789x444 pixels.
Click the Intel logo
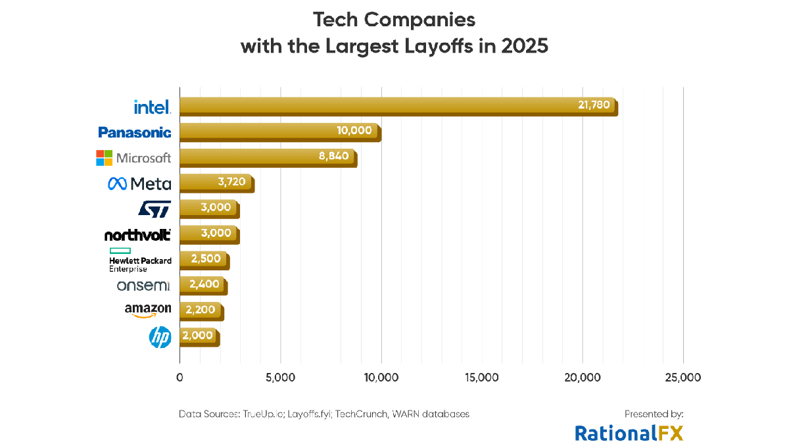tap(152, 107)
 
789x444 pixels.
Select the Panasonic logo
tap(134, 132)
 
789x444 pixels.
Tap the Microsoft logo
tap(133, 158)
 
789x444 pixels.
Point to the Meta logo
tap(139, 184)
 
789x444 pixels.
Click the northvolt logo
tap(137, 235)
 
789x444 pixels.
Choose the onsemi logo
tap(143, 285)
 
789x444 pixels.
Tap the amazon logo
tap(147, 310)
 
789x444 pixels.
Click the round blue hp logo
tap(160, 337)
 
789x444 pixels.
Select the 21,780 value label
tap(594, 105)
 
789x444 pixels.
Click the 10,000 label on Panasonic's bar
tap(354, 130)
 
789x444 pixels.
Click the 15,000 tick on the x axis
tap(482, 378)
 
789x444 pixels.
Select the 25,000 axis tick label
tap(683, 378)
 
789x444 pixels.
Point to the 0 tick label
tap(179, 378)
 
